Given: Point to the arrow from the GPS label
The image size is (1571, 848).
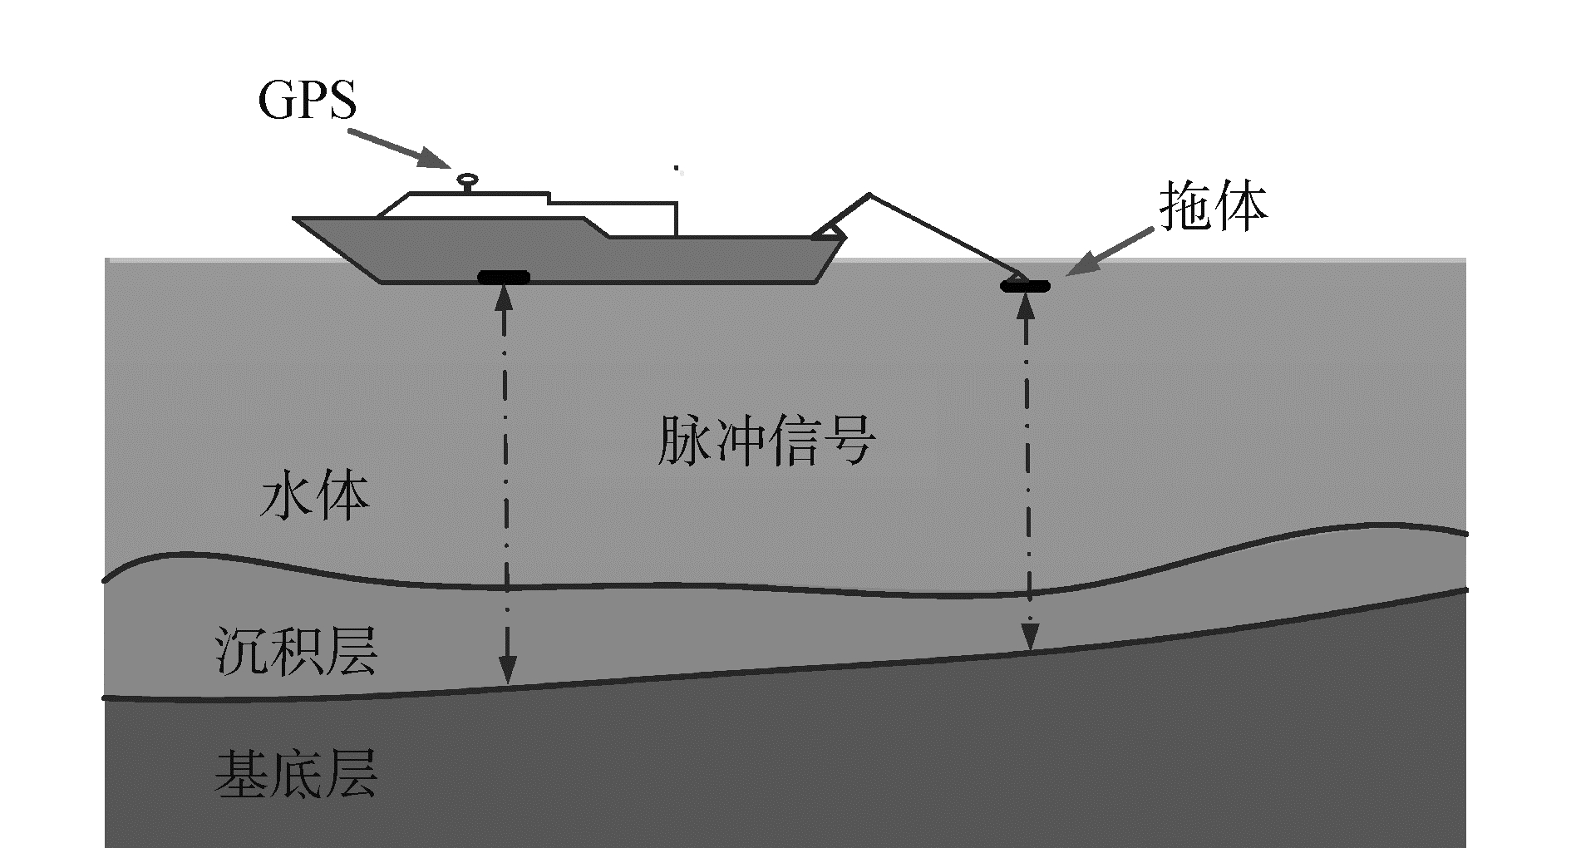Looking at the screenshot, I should (x=399, y=148).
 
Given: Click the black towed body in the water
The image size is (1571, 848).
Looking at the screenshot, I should (x=1025, y=287).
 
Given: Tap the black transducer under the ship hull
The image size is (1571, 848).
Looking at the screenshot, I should (x=505, y=277).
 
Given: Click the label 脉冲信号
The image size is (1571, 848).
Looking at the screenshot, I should (x=765, y=441).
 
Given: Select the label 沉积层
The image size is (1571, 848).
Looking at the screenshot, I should (x=296, y=651).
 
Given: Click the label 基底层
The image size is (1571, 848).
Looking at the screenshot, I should (x=296, y=775).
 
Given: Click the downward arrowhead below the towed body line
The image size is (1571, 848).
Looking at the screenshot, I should (x=1031, y=638).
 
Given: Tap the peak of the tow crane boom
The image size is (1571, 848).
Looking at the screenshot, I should (x=869, y=195).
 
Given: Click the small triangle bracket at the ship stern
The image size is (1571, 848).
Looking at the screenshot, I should (x=829, y=232).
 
